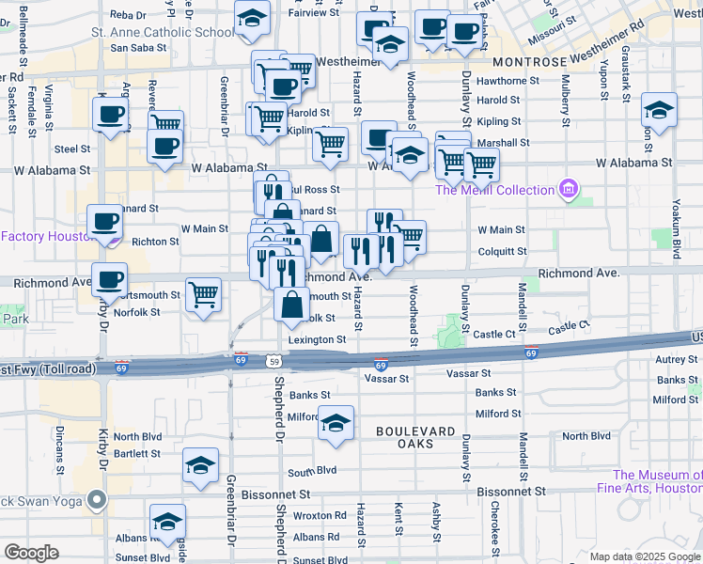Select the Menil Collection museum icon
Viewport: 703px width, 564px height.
click(x=568, y=191)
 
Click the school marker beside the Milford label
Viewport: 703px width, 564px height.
click(x=336, y=423)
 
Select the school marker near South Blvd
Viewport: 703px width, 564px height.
click(x=200, y=465)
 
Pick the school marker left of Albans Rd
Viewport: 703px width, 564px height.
click(x=167, y=522)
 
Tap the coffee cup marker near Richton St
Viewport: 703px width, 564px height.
click(x=103, y=223)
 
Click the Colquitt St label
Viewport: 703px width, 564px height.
click(x=502, y=251)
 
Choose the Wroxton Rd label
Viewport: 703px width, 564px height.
click(x=320, y=515)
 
